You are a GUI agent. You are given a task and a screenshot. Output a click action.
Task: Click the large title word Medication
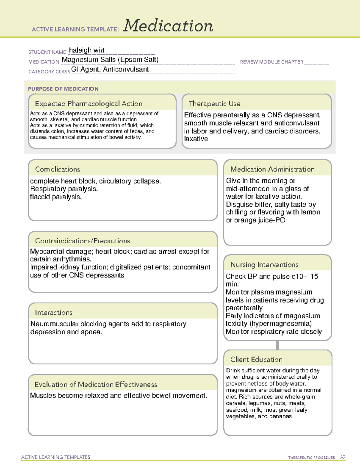click(168, 26)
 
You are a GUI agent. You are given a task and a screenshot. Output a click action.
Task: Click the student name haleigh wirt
click(87, 50)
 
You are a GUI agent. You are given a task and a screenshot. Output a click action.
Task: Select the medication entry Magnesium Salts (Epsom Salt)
click(110, 60)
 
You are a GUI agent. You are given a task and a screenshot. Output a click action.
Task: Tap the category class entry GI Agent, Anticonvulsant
click(110, 69)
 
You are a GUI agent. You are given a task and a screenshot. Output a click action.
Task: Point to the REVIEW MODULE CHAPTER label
click(271, 62)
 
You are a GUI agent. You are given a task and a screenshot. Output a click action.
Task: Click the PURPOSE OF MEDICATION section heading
click(63, 89)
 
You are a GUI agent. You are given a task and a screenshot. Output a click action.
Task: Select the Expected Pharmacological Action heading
click(88, 104)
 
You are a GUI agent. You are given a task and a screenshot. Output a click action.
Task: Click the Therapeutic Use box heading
click(214, 104)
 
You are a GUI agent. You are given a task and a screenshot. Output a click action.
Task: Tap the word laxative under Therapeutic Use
click(196, 139)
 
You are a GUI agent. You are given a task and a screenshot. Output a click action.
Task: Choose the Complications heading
click(57, 169)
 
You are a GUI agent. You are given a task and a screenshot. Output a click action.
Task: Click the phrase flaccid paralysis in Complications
click(55, 197)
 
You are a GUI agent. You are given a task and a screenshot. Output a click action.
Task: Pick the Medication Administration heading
click(272, 169)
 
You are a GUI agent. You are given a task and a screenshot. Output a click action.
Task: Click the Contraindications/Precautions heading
click(82, 241)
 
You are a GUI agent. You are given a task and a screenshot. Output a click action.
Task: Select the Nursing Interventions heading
click(264, 264)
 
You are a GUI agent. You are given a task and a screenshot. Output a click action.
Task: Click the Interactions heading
click(53, 312)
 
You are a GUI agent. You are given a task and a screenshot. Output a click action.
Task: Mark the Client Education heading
click(256, 359)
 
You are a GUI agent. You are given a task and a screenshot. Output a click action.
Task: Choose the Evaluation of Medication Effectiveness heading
click(96, 384)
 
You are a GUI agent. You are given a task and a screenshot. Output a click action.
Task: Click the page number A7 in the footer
click(343, 457)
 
